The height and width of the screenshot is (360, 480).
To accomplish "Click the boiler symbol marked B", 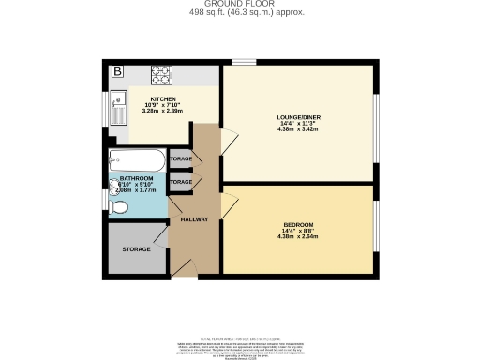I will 118,71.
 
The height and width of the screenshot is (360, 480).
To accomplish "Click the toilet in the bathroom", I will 120,211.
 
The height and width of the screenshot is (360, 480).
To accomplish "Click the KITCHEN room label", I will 163,97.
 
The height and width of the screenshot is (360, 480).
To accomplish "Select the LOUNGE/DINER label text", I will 299,116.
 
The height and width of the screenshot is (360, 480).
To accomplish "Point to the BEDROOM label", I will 298,224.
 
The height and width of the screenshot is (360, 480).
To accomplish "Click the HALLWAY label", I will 194,219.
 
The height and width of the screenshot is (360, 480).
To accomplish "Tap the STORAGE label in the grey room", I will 137,250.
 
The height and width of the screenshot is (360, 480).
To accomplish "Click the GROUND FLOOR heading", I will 240,4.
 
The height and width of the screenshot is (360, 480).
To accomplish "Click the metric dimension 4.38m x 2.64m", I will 298,236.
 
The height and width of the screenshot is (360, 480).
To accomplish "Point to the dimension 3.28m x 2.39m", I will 163,111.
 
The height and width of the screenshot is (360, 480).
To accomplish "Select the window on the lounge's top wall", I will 245,63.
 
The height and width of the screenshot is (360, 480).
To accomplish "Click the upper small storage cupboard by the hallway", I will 181,159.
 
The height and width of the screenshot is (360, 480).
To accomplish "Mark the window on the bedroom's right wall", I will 374,226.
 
